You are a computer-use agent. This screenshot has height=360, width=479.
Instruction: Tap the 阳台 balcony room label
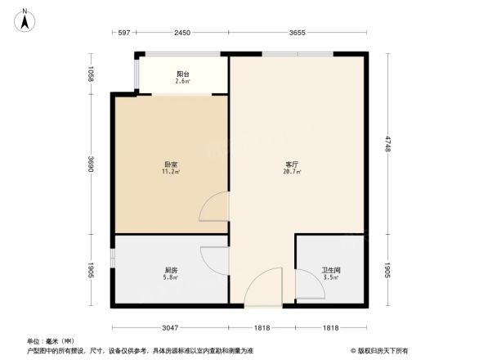coord(182,74)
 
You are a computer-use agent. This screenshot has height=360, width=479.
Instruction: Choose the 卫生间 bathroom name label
coord(331,271)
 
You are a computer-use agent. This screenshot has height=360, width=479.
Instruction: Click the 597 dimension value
coord(124,33)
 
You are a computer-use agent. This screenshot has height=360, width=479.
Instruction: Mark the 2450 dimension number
coord(181,33)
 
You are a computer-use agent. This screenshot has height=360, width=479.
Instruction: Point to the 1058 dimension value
coord(92,75)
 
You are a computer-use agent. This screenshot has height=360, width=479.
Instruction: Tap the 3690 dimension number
coord(92,165)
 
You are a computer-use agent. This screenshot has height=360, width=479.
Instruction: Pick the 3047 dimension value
coord(169,328)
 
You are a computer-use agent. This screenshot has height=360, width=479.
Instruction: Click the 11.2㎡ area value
coord(171,173)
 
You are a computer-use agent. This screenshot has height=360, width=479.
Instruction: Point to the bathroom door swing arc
coord(307,285)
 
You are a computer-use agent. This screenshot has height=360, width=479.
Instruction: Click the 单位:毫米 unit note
coord(51,341)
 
